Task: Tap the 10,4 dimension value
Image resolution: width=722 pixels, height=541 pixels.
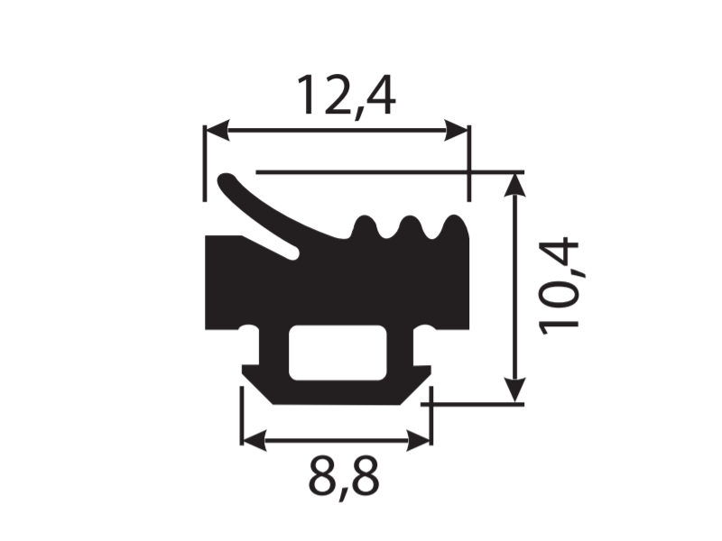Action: coord(558,287)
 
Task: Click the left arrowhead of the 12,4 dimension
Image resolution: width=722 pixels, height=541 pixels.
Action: coord(217,130)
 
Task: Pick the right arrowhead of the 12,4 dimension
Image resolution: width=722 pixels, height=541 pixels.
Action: coord(457,130)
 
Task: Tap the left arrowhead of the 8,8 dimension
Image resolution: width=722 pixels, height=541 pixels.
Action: coord(254,441)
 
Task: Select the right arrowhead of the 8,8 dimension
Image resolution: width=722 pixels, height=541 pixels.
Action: coord(419,441)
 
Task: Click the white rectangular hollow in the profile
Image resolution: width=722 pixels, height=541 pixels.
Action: coord(338,353)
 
